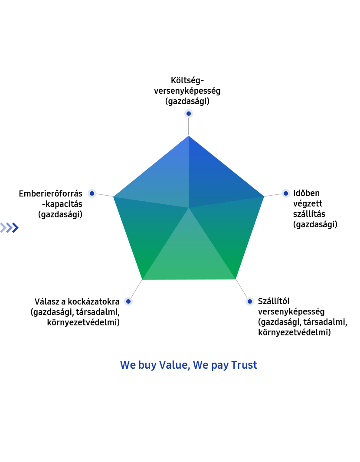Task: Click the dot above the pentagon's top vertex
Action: click(x=189, y=113)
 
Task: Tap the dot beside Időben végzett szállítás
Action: click(x=285, y=193)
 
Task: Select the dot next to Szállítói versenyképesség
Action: click(x=249, y=301)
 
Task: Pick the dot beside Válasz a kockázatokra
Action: click(x=128, y=301)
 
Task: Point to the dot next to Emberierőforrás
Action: click(x=92, y=193)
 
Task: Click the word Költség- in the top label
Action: click(x=187, y=80)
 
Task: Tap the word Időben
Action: click(x=306, y=193)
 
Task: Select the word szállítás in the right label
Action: click(x=309, y=213)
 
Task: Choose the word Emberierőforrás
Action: click(x=51, y=193)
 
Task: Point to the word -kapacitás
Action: click(x=62, y=204)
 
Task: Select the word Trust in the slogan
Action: click(x=244, y=365)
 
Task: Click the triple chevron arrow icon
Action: click(x=10, y=227)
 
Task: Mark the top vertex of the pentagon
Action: click(x=189, y=136)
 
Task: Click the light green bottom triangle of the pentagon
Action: click(x=189, y=256)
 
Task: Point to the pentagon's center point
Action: click(x=189, y=208)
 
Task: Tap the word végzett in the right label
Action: click(x=308, y=203)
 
